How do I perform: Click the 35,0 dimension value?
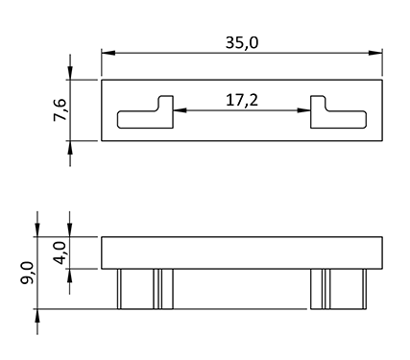[x=242, y=43]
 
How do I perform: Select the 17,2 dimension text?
[x=242, y=100]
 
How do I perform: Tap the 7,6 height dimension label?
[x=60, y=109]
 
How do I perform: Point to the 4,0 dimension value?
[x=60, y=252]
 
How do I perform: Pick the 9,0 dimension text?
[x=26, y=273]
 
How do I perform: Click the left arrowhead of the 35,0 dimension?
[x=109, y=53]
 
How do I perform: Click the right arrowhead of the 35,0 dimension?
[x=375, y=53]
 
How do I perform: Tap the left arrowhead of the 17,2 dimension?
[x=180, y=110]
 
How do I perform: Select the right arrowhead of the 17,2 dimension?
[x=303, y=110]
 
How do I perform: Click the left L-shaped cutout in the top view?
[x=146, y=119]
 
